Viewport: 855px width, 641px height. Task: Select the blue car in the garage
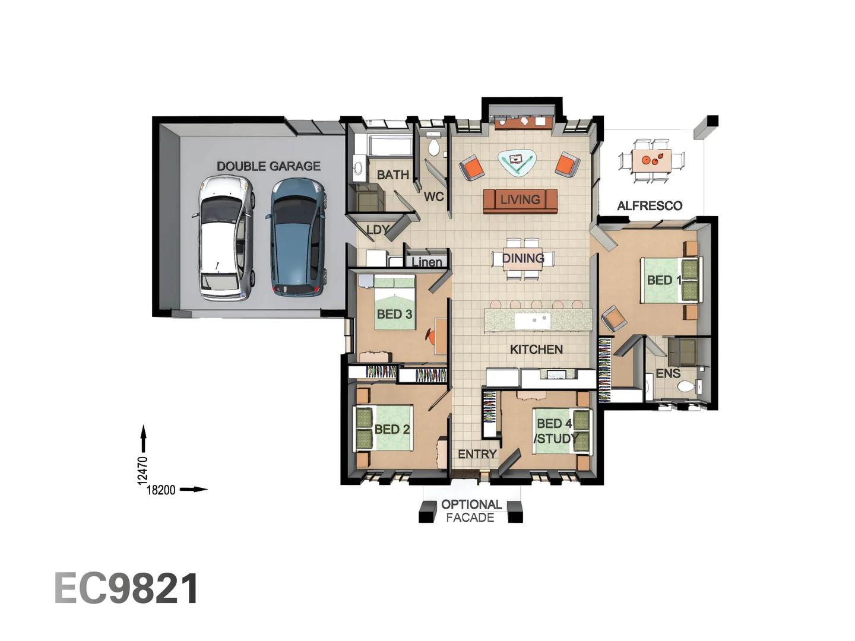(x=299, y=237)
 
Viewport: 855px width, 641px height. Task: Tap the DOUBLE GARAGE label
(x=268, y=166)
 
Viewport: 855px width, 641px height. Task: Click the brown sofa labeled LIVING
(x=520, y=200)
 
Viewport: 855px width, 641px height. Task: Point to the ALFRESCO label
(x=650, y=206)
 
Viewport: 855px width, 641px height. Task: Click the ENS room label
(x=668, y=373)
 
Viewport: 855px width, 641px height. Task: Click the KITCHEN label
(x=536, y=350)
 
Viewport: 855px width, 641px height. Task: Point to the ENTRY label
(x=477, y=454)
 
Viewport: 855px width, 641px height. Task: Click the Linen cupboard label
(x=427, y=262)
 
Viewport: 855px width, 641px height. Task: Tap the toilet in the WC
(x=433, y=146)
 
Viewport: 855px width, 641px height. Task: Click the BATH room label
(x=393, y=174)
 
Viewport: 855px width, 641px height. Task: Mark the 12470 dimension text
(x=142, y=470)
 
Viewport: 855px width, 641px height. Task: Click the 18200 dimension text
(x=161, y=490)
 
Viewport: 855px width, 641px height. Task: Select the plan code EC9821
(x=126, y=589)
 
